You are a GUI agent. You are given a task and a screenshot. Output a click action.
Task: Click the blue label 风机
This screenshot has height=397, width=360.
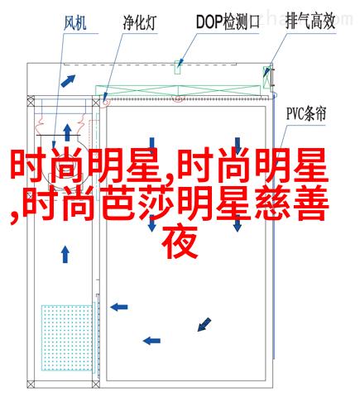[x=75, y=23]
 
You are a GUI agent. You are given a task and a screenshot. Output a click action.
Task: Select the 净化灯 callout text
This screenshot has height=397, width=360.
[x=140, y=22]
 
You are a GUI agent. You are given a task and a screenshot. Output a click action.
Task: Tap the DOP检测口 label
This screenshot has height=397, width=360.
[x=228, y=22]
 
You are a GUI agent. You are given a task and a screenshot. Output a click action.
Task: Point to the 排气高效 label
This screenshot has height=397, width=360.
[x=310, y=22]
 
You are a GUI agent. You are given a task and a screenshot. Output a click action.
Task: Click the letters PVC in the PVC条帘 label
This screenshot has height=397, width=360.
[x=295, y=113]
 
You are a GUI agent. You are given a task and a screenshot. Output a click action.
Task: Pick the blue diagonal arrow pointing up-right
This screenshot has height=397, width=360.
[x=68, y=81]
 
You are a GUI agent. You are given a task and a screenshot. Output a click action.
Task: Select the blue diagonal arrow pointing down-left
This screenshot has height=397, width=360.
[x=204, y=324]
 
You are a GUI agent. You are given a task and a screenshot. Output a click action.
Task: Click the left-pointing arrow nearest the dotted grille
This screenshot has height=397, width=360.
[x=119, y=307]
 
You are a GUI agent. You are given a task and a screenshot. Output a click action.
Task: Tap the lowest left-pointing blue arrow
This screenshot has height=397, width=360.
[x=151, y=341]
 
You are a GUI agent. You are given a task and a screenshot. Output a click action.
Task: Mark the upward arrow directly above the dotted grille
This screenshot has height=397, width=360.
[x=65, y=254]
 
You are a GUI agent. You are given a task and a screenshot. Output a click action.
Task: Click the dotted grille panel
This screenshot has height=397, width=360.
[x=67, y=337]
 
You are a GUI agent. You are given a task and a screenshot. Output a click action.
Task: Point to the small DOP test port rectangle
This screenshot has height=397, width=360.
[x=178, y=67]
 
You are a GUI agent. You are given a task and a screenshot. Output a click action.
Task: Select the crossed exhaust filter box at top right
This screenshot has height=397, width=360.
[x=267, y=77]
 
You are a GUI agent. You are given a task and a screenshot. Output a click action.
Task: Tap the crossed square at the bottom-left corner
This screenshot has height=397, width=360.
[x=31, y=384]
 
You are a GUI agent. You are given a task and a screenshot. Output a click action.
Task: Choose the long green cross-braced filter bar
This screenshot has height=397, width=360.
[x=178, y=90]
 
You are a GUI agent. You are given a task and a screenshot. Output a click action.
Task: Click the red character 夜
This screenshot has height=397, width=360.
[x=180, y=243]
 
